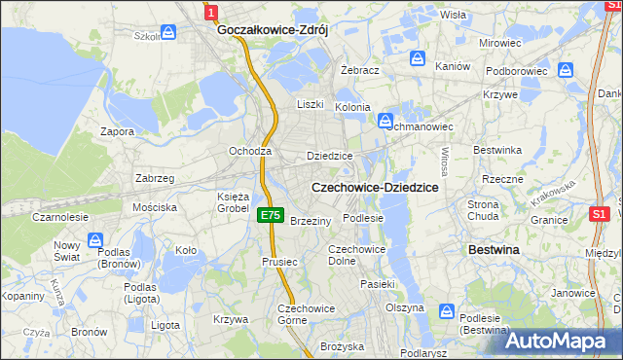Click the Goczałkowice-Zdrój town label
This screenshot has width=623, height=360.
coord(272,30)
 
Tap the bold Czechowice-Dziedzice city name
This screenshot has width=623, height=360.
coord(373,186)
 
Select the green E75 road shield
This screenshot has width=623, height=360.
coord(272,215)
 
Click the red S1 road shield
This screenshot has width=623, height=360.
coord(600,213)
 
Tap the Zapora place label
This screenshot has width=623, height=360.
coord(118,130)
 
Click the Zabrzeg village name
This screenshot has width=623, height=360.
coord(155,178)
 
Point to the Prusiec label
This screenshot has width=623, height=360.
coord(278,262)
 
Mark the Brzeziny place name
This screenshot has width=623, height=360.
coord(311,221)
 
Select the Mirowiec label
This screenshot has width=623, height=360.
coord(500,44)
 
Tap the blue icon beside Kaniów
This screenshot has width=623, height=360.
coord(420,58)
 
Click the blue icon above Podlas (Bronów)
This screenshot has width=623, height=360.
coord(95,239)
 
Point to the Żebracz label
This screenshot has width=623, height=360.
coord(359,71)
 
